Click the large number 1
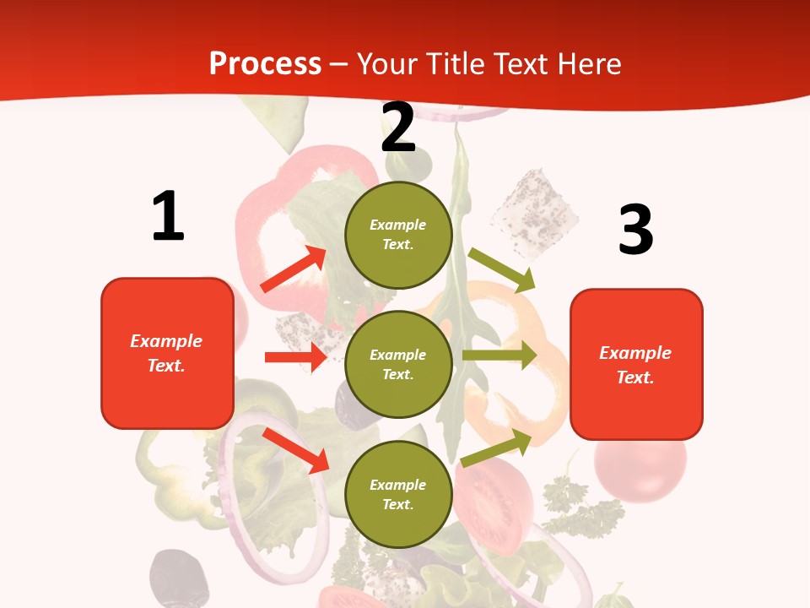coord(168,216)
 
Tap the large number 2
coord(398,128)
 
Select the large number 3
coord(635,230)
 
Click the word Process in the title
coord(265,63)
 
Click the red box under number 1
coord(167,353)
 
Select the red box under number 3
coord(636,365)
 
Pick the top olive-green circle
coord(398,235)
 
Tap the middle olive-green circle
coord(398,365)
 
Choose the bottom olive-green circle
coord(398,494)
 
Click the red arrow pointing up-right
coord(294,269)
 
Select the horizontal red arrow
coord(295,357)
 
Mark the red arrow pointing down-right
coord(296,450)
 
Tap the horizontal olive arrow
coord(499,356)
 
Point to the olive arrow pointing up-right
coord(497,448)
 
